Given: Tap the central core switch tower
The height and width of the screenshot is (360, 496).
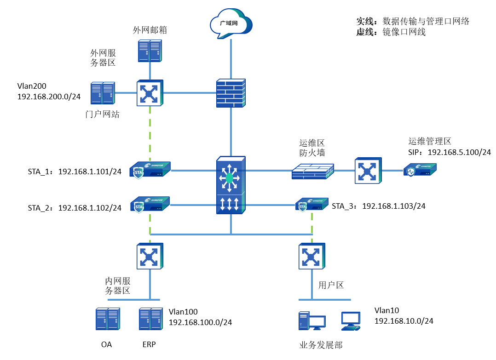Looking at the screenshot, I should (x=231, y=185).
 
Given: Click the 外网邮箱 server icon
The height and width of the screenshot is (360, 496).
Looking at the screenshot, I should (x=150, y=51).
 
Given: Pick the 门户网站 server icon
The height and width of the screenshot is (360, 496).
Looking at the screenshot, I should (x=102, y=93).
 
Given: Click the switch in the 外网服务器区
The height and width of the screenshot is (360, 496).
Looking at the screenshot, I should (x=150, y=93).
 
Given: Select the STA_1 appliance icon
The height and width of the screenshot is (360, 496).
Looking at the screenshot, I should (x=150, y=171).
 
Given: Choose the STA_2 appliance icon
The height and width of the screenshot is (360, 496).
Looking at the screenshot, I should (x=150, y=205).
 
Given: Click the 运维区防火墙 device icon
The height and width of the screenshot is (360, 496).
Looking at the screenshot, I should (x=313, y=171).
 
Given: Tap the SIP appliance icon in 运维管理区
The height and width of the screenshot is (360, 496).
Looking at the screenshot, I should (x=420, y=171).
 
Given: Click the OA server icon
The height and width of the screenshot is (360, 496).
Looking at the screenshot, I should (x=107, y=319).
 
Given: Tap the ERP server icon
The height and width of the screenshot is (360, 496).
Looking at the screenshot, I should (x=150, y=319).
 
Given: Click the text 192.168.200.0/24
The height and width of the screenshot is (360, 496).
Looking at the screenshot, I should (x=49, y=97).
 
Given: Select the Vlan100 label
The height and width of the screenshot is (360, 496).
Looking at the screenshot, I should (x=183, y=312).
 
